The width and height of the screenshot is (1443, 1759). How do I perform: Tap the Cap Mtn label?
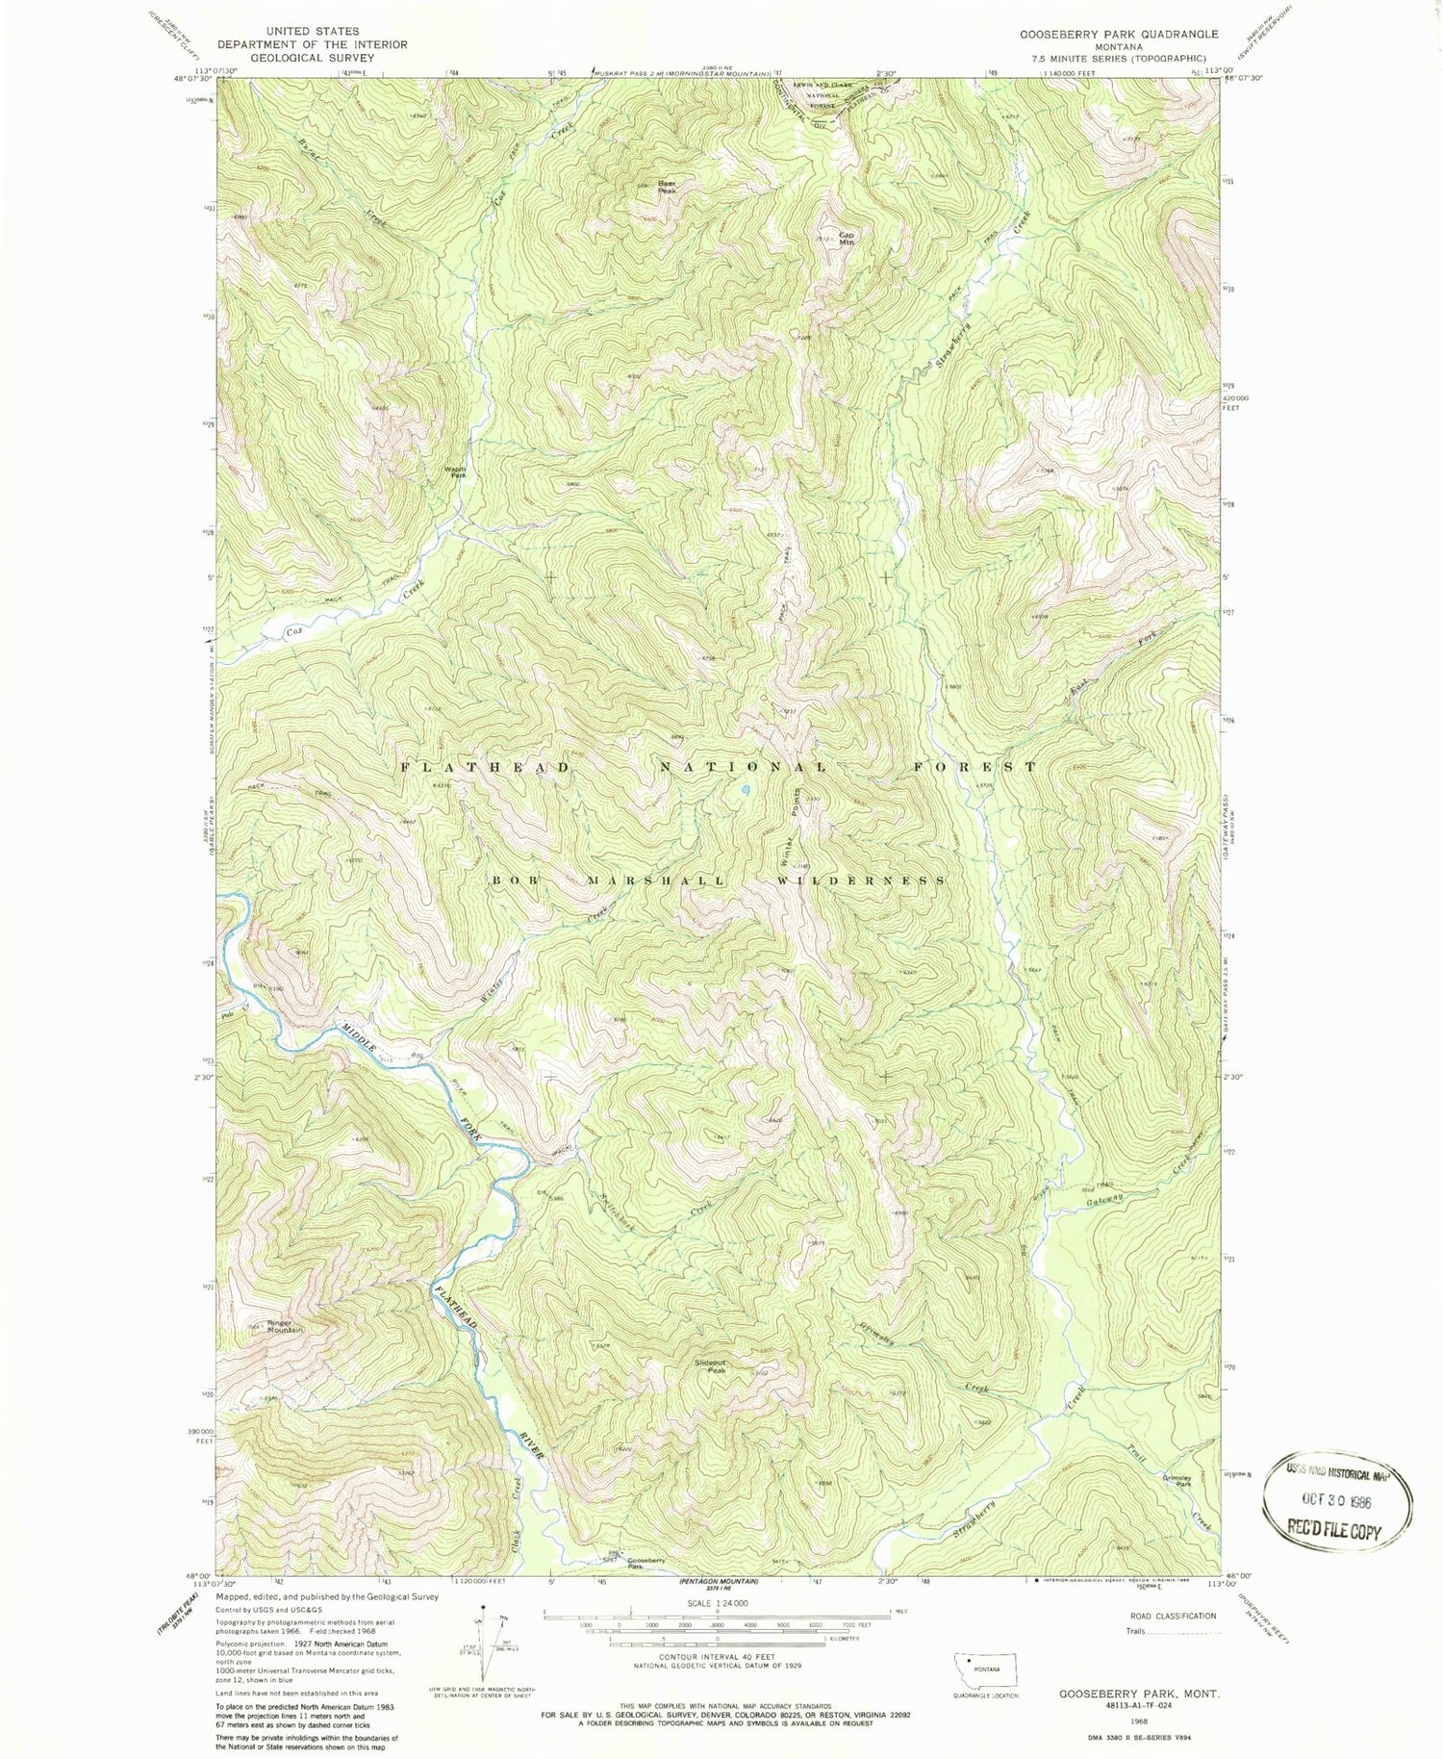pyautogui.click(x=847, y=238)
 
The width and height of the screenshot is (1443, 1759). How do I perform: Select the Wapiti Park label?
pyautogui.click(x=454, y=472)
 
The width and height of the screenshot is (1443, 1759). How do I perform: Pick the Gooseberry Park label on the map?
pyautogui.click(x=646, y=1563)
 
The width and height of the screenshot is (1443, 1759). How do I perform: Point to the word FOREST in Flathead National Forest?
pyautogui.click(x=975, y=767)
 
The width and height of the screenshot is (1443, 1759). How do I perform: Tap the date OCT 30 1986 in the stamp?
pyautogui.click(x=1335, y=1500)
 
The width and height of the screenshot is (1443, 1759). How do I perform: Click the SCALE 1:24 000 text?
pyautogui.click(x=717, y=1603)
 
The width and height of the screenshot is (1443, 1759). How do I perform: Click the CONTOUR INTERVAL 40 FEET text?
pyautogui.click(x=717, y=1657)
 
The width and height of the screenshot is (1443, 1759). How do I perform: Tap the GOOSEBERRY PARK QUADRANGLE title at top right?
pyautogui.click(x=1119, y=34)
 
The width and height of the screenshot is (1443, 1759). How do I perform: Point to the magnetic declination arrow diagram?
pyautogui.click(x=485, y=1644)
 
